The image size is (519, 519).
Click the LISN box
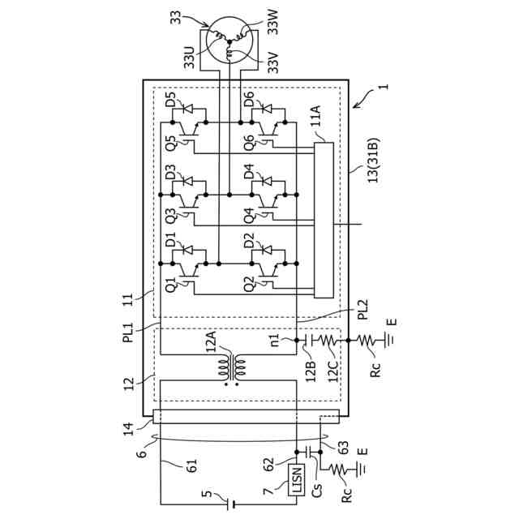(x=296, y=479)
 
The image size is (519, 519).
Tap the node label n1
(x=275, y=340)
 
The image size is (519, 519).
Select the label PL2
(x=363, y=309)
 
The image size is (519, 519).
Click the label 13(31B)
(x=373, y=160)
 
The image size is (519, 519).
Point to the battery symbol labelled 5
(x=230, y=504)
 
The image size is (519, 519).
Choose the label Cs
(x=317, y=490)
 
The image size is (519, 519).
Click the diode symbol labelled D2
(x=268, y=250)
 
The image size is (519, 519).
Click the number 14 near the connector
(x=128, y=429)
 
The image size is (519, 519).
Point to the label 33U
(x=189, y=57)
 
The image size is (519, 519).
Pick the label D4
(x=249, y=171)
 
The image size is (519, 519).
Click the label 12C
(x=333, y=371)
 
